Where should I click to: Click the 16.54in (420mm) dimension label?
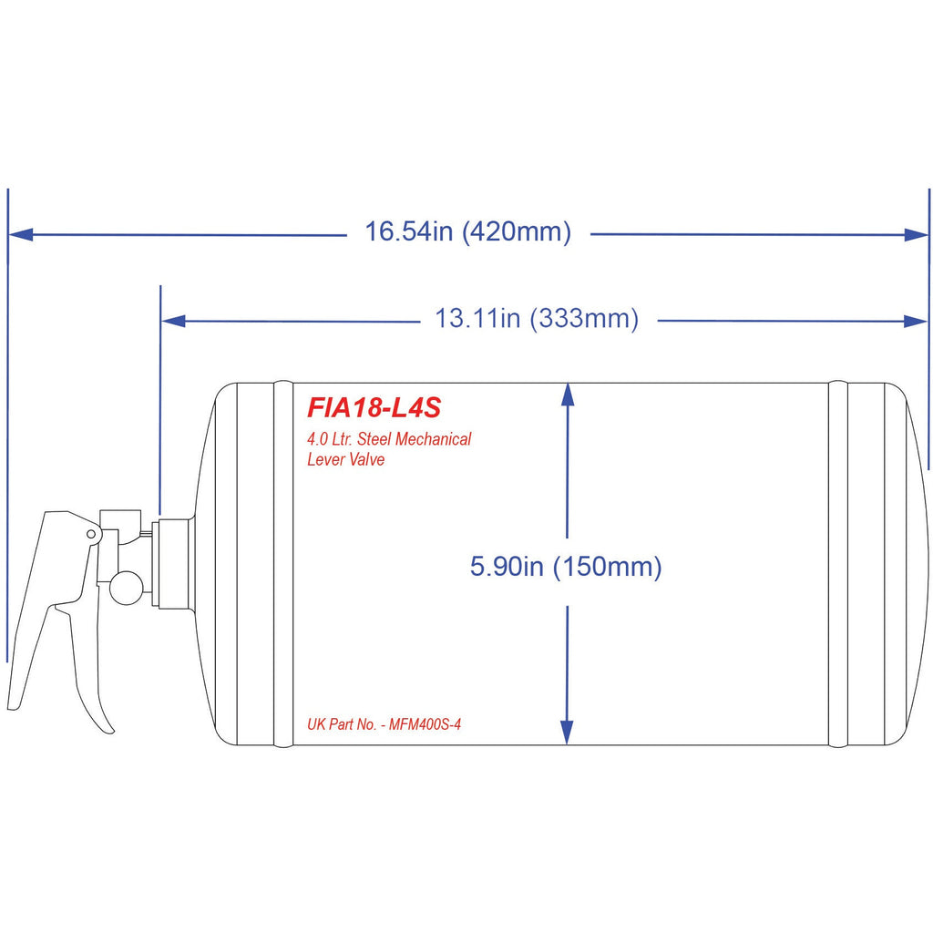click(x=468, y=232)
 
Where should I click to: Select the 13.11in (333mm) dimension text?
click(x=537, y=319)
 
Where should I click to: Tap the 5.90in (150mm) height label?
click(x=566, y=567)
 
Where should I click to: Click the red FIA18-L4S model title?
click(x=374, y=405)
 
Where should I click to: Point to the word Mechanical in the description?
click(x=431, y=439)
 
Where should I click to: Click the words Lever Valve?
click(x=346, y=459)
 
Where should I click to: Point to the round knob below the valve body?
click(x=126, y=587)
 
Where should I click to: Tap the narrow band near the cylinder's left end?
click(x=283, y=564)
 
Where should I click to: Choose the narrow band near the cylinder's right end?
click(x=837, y=564)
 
